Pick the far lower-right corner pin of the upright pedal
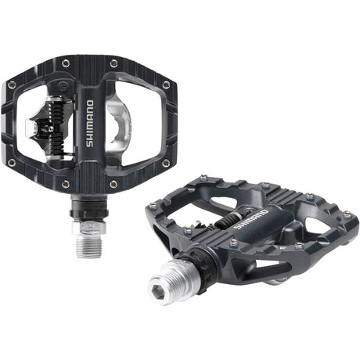point(165,163)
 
